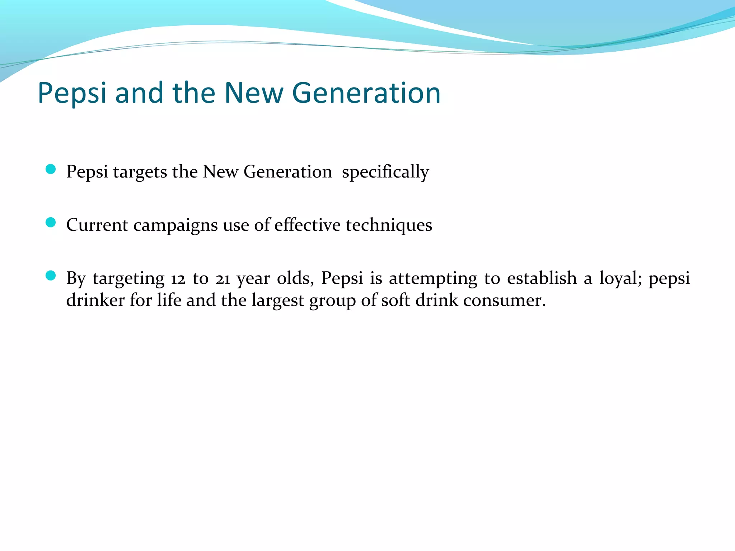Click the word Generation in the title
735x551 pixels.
pyautogui.click(x=368, y=93)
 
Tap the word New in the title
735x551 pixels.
pyautogui.click(x=253, y=93)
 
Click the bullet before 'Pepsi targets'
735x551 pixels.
pyautogui.click(x=51, y=169)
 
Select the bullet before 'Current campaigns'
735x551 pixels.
pyautogui.click(x=51, y=222)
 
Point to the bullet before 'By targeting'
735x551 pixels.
pyautogui.click(x=51, y=275)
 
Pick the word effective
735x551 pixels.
pyautogui.click(x=307, y=225)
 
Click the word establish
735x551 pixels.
pyautogui.click(x=542, y=278)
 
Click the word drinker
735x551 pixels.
pyautogui.click(x=95, y=300)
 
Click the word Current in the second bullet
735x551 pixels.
pyautogui.click(x=97, y=225)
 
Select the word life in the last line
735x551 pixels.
pyautogui.click(x=169, y=300)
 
